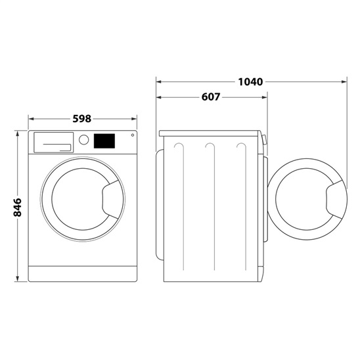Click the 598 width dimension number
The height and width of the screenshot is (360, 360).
81,119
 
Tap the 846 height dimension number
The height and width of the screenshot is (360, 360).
18,207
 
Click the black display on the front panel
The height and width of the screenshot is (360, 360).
104,141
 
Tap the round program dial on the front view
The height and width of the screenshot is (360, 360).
83,140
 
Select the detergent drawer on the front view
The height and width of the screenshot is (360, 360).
53,141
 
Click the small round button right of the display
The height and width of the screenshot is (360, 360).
131,136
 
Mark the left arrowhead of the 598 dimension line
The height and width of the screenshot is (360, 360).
30,119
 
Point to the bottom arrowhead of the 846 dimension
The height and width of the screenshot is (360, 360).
18,281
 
